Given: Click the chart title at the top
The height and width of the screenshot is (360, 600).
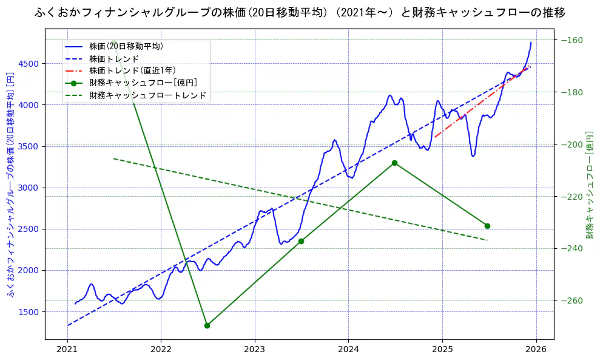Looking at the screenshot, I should pos(300,12).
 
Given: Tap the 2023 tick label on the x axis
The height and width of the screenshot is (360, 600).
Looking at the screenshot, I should pos(255,349).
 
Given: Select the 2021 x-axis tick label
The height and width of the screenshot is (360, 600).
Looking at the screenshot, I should pos(67,349).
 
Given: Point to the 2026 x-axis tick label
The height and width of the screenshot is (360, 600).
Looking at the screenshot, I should pos(536,349).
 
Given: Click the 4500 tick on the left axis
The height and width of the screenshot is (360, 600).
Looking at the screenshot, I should pos(29,64).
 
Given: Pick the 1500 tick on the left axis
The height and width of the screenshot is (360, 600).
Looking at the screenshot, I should pos(29,312).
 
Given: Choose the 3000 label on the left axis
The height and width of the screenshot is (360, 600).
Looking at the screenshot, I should pos(29,188).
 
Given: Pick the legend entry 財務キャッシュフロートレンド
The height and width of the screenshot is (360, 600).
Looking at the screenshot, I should pos(147,95).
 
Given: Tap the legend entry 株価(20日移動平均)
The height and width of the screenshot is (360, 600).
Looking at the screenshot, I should pos(126,46).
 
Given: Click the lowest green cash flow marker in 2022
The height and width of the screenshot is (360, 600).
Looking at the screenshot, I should pos(207,325).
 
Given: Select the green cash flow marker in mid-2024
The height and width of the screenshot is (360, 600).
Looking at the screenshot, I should pos(394,163).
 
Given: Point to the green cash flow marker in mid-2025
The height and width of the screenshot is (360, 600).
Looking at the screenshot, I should pos(487,226).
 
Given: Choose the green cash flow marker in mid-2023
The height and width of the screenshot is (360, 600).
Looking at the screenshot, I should pos(301,241).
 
